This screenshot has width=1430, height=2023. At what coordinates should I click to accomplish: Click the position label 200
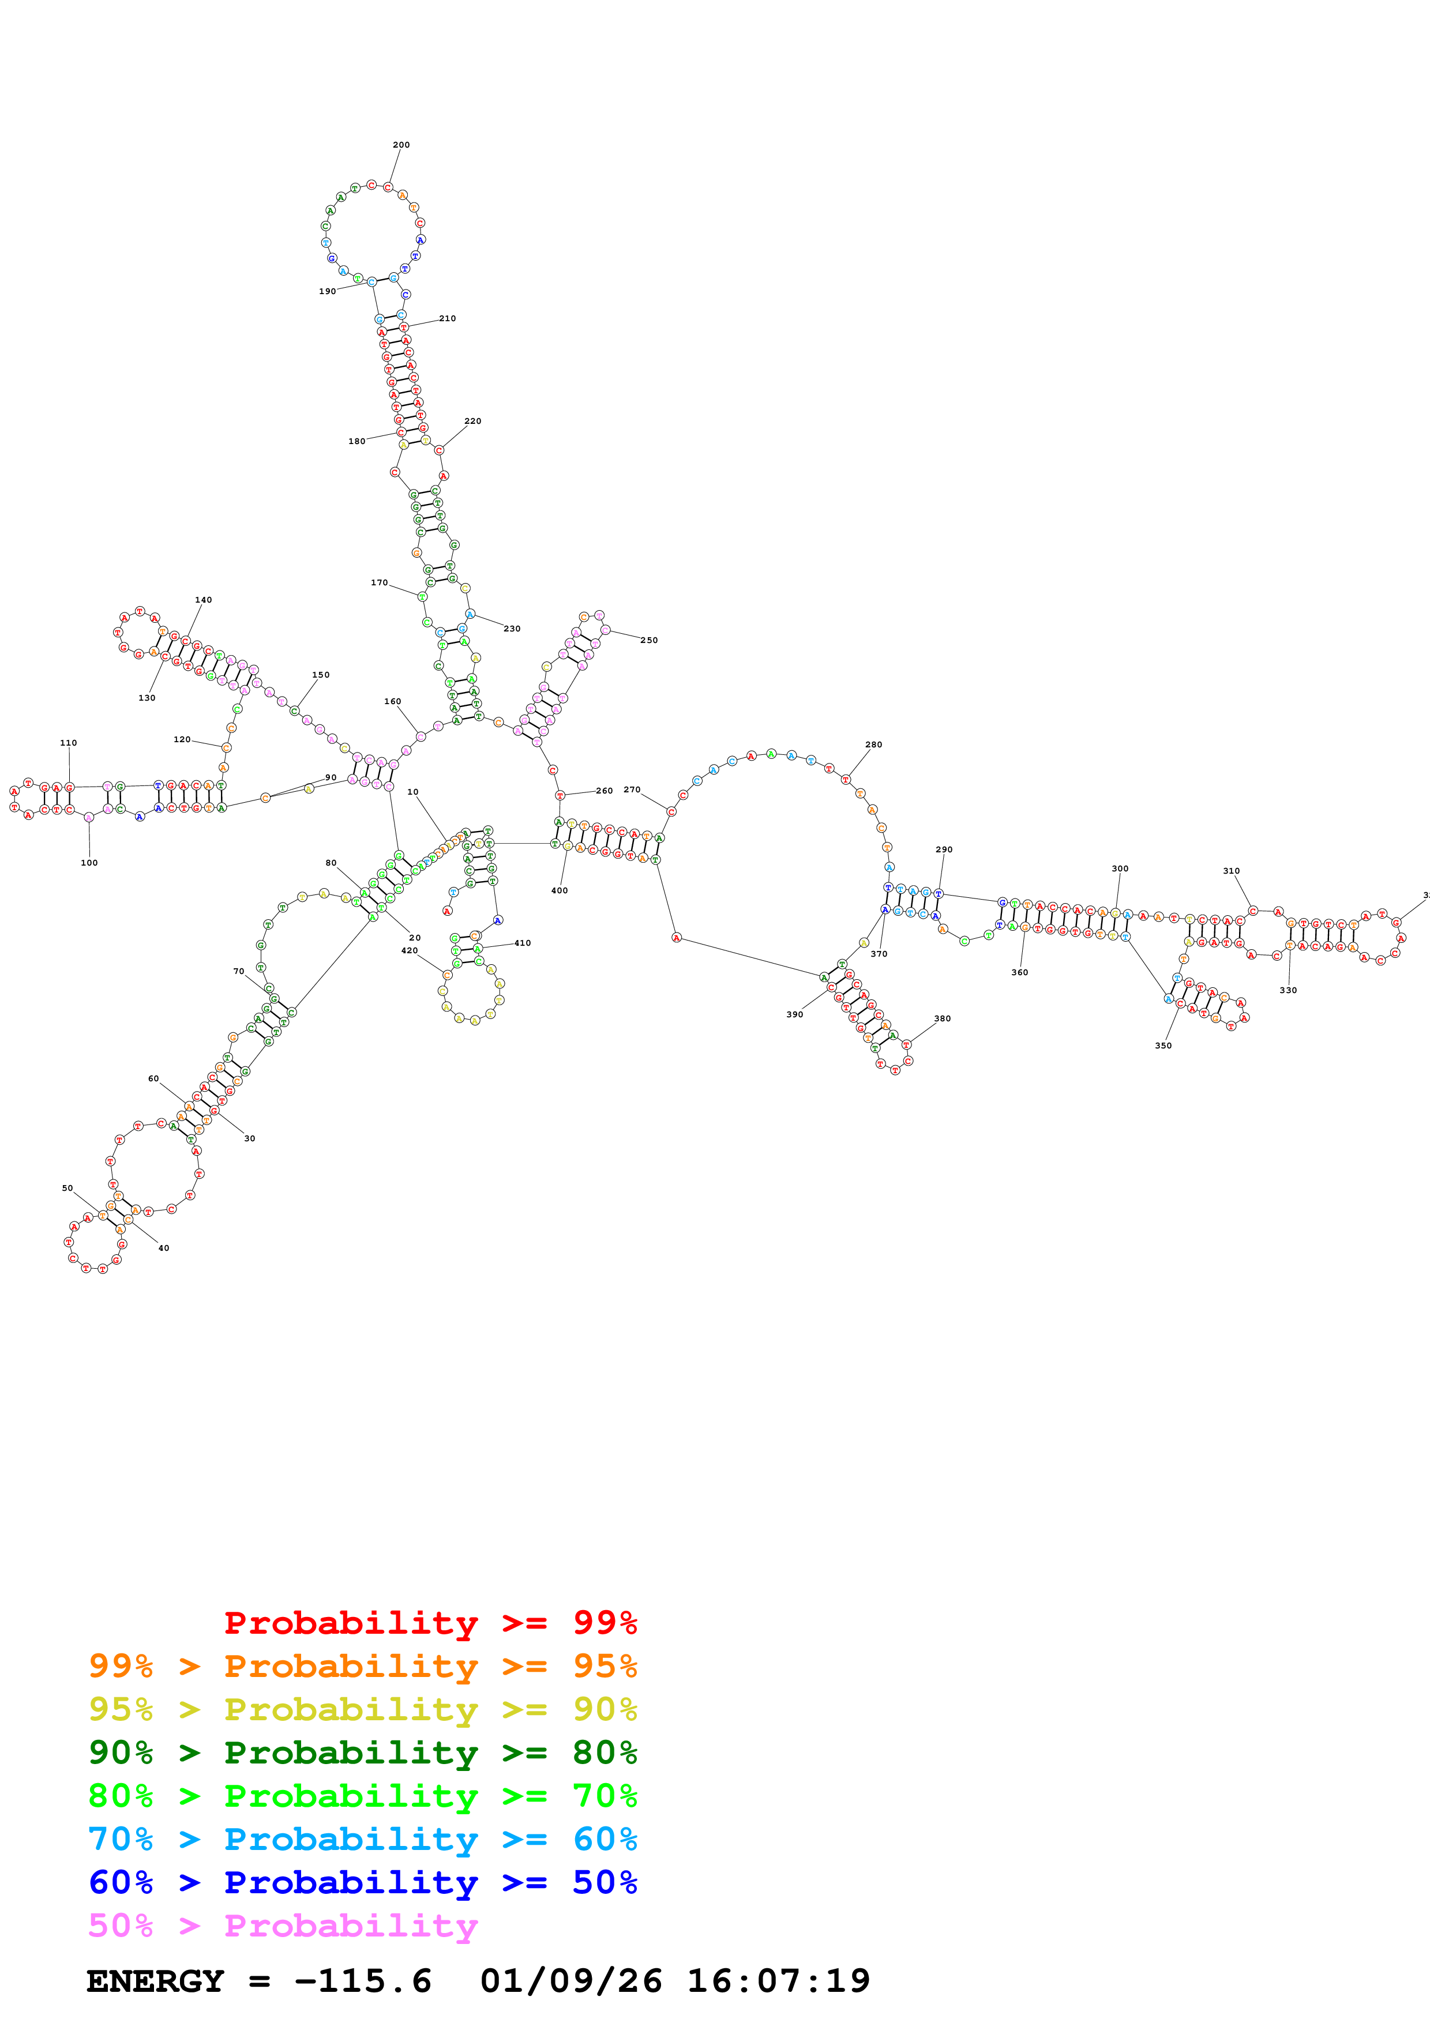(x=401, y=145)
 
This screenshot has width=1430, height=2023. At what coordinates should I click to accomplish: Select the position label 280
(x=873, y=744)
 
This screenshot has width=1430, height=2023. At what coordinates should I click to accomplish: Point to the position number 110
(x=68, y=743)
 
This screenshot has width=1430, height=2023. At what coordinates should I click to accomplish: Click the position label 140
(x=204, y=600)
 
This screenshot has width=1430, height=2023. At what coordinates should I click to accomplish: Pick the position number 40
(x=163, y=1247)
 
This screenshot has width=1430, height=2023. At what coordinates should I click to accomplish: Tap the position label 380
(x=942, y=1018)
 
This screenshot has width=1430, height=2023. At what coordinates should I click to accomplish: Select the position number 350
(x=1163, y=1046)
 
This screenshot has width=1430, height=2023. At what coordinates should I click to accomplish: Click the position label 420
(x=409, y=951)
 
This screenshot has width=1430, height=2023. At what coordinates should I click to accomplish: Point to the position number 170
(x=379, y=582)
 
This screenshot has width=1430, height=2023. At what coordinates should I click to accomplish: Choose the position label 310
(x=1231, y=871)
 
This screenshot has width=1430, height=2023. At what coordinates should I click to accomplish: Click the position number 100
(x=89, y=863)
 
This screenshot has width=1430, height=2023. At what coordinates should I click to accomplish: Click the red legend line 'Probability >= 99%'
(x=430, y=1623)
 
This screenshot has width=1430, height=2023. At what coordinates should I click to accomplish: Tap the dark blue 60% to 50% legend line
(x=362, y=1882)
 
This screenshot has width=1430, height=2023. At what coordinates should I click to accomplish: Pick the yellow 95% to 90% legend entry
(x=362, y=1709)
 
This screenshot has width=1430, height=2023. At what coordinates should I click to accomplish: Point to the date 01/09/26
(x=571, y=1981)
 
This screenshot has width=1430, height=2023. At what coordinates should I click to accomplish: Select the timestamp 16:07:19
(x=778, y=1981)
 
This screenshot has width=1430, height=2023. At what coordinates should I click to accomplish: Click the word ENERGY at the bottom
(x=155, y=1981)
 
